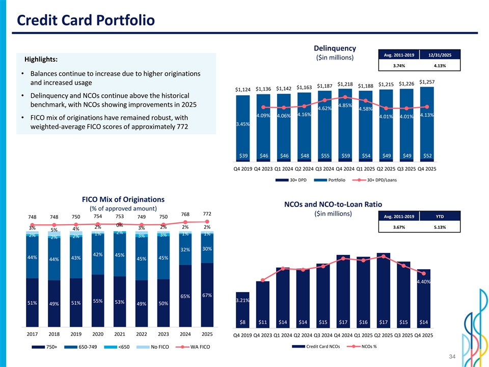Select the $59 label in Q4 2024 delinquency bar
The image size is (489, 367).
pos(346,155)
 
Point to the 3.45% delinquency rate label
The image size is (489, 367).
pos(242,124)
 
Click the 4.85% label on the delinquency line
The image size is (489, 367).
pos(345,106)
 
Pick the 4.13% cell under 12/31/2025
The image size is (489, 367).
pos(440,65)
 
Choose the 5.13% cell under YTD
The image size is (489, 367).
pos(440,227)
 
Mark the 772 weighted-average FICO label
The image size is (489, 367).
pos(207,213)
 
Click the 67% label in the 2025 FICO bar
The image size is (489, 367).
pos(207,296)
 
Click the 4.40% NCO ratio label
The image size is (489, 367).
pos(424,281)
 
